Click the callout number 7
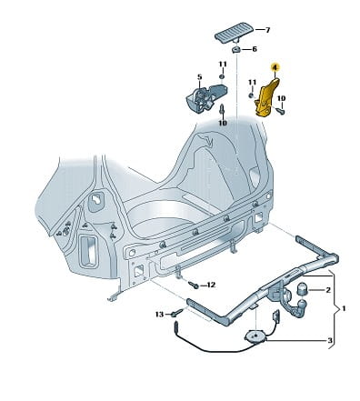[x=267, y=30]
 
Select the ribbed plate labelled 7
[x=235, y=33]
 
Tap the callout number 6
[x=255, y=49]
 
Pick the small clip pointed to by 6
[x=236, y=50]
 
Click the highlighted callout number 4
[x=275, y=67]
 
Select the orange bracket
[x=267, y=97]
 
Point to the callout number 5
[x=199, y=77]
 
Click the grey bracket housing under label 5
[x=206, y=98]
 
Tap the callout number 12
[x=211, y=285]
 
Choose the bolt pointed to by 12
[x=193, y=285]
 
